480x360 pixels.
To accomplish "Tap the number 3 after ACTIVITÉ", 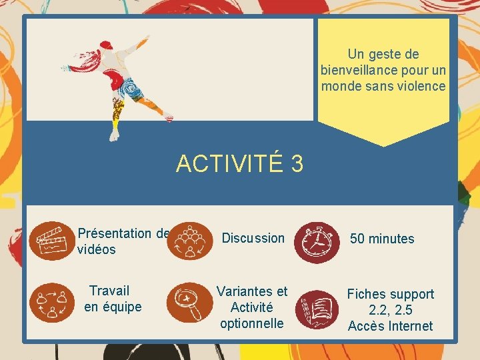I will [x=297, y=163].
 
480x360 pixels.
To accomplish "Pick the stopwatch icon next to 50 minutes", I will [x=316, y=241].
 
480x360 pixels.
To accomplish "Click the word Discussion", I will [x=253, y=238].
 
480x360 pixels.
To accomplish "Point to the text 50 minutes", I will [x=382, y=239].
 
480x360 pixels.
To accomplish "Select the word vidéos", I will [x=97, y=249].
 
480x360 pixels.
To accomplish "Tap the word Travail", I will [x=109, y=291].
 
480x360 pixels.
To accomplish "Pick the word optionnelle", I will [x=252, y=323].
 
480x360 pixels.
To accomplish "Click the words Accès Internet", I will [x=390, y=326].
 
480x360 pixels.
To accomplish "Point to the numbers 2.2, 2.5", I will [x=390, y=310].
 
